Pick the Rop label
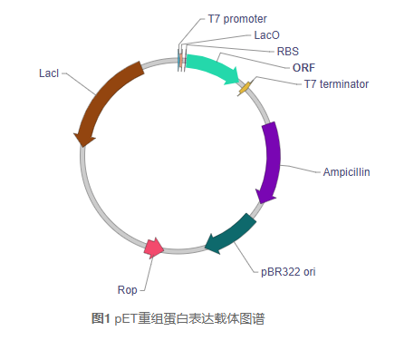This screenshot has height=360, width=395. coord(128,290)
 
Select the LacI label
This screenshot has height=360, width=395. coord(49,72)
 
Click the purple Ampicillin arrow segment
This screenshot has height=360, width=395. coord(272,159)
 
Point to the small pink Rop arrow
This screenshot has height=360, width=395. coord(154,248)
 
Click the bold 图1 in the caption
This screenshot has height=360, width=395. coord(101,318)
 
